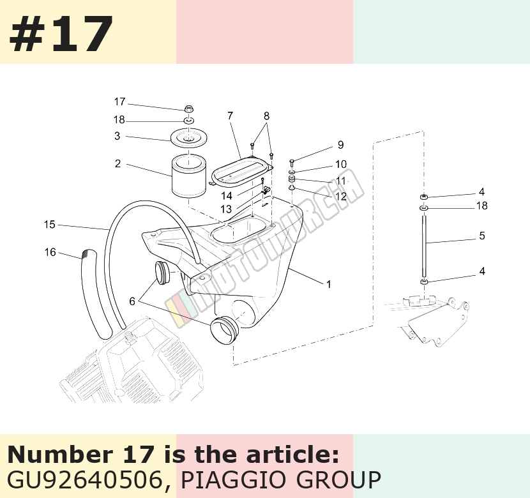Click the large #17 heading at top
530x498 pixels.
pyautogui.click(x=61, y=33)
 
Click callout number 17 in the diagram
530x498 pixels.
pyautogui.click(x=119, y=102)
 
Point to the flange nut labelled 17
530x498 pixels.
pyautogui.click(x=188, y=109)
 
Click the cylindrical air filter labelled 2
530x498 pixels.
pyautogui.click(x=189, y=176)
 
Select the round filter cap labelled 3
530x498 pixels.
pyautogui.click(x=189, y=138)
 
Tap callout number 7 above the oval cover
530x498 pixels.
pyautogui.click(x=230, y=116)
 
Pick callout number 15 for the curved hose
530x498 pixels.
pyautogui.click(x=49, y=225)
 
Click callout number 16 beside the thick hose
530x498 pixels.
pyautogui.click(x=50, y=252)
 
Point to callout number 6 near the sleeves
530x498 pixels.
pyautogui.click(x=132, y=301)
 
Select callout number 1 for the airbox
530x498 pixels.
pyautogui.click(x=328, y=285)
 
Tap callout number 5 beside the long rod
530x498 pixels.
pyautogui.click(x=482, y=236)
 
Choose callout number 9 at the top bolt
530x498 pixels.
pyautogui.click(x=341, y=144)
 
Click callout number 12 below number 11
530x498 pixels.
pyautogui.click(x=341, y=196)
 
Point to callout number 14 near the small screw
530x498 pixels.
pyautogui.click(x=227, y=195)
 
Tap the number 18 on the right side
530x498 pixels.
pyautogui.click(x=481, y=206)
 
